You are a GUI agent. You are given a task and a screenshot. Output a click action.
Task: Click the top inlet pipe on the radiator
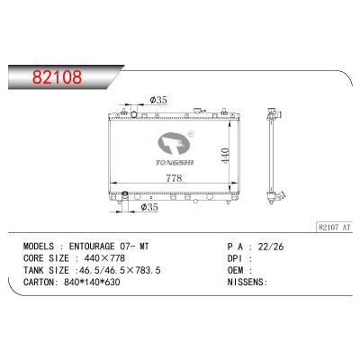pos(134,114)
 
